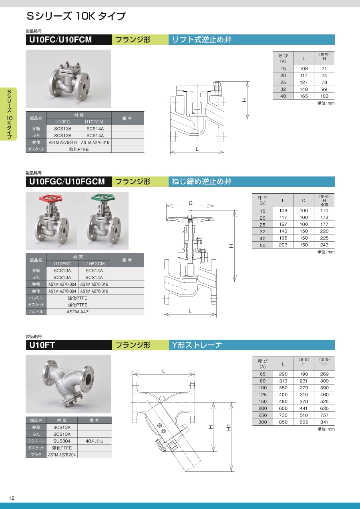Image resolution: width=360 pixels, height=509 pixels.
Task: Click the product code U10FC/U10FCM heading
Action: click(60, 40)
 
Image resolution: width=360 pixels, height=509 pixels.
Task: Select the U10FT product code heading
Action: click(42, 345)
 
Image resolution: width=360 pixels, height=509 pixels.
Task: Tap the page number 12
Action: click(12, 498)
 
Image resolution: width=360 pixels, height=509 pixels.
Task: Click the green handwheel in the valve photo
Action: click(103, 198)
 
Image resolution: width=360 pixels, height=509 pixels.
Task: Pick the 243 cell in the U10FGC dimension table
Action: click(324, 245)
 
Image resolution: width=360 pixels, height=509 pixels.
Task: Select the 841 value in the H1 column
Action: click(324, 422)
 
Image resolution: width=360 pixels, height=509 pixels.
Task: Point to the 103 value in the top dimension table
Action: click(324, 96)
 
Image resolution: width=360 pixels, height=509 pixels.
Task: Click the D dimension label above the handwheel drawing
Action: click(191, 203)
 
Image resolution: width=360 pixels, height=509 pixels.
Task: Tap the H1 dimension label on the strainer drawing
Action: click(228, 427)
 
